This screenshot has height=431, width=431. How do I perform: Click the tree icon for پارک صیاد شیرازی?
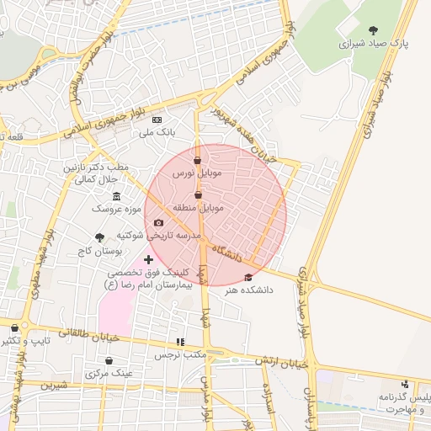(374, 30)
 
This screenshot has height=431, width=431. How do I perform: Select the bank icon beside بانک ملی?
(157, 120)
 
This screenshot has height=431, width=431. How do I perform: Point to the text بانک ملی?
(157, 132)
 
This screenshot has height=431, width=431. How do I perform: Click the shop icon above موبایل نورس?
(197, 160)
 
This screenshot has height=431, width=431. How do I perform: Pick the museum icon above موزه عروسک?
(116, 196)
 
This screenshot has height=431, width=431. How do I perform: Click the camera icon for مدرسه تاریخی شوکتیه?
(158, 223)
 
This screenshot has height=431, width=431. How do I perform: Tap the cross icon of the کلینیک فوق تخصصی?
(149, 260)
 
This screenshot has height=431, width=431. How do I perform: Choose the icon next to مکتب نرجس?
(179, 342)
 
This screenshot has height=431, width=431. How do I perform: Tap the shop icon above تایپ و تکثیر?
(14, 328)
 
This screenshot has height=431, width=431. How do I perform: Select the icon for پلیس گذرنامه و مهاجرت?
(406, 384)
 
